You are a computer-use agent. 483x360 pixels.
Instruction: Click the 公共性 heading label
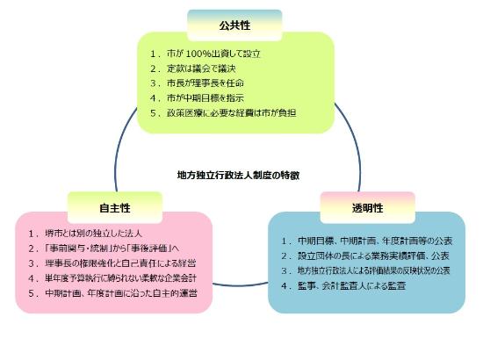(234, 25)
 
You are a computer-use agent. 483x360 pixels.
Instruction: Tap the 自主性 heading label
(115, 208)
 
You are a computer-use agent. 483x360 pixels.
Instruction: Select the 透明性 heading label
(367, 208)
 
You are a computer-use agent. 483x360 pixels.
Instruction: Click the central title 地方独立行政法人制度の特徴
(238, 176)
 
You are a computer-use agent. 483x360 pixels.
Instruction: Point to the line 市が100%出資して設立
(213, 54)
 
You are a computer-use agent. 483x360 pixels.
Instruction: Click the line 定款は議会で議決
(201, 68)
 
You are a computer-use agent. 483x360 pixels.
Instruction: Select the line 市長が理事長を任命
(205, 83)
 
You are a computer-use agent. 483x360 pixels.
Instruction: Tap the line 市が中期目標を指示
(205, 98)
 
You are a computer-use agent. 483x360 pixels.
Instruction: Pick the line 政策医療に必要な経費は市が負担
(232, 112)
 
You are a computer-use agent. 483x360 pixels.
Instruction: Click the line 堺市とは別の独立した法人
(93, 234)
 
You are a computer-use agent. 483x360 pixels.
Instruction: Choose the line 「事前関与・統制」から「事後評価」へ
(112, 248)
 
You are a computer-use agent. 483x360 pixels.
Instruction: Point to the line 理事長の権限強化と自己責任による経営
(120, 263)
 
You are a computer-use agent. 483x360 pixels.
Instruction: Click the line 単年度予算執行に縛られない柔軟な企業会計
(120, 278)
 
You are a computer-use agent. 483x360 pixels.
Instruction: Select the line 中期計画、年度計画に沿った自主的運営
(121, 293)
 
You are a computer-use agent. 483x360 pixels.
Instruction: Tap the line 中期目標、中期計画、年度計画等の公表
(375, 241)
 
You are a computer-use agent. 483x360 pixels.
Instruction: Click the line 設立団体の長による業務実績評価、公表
(373, 256)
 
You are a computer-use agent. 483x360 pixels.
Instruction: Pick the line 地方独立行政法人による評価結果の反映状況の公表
(373, 270)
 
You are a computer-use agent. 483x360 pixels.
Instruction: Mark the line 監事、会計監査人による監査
(351, 285)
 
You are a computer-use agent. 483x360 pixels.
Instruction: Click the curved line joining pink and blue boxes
(240, 285)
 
